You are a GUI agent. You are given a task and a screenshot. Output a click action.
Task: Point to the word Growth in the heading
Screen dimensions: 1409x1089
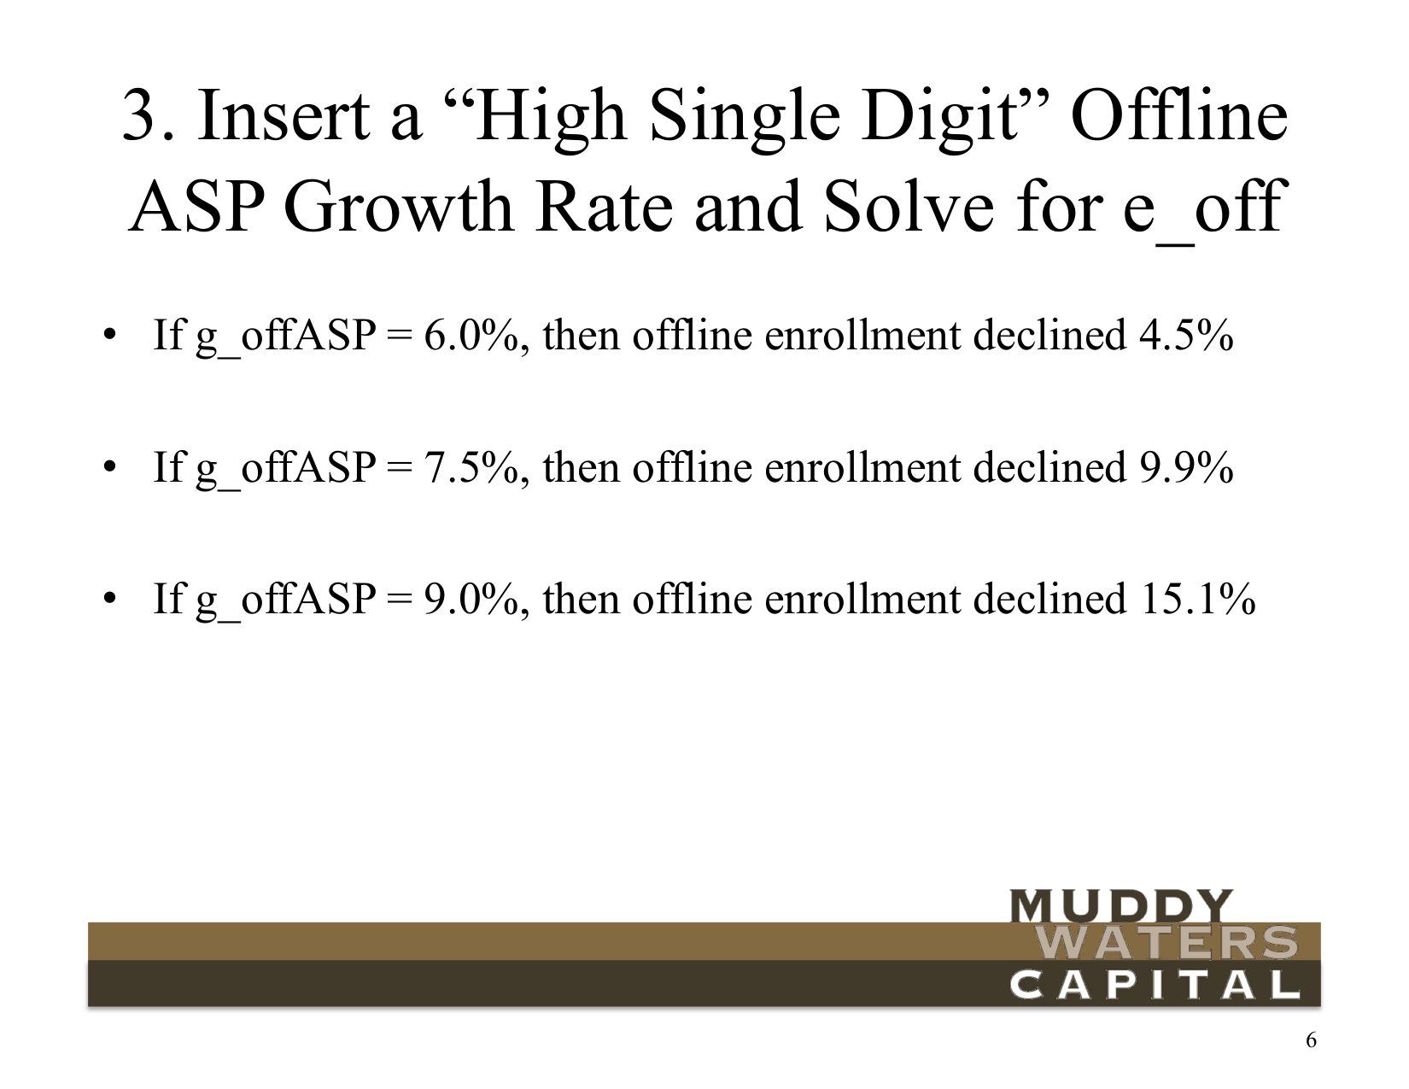tap(398, 206)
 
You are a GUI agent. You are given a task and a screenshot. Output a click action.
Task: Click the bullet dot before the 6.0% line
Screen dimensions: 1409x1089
tap(109, 336)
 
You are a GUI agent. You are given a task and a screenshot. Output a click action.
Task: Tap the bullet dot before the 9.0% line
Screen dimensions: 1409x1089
tap(109, 597)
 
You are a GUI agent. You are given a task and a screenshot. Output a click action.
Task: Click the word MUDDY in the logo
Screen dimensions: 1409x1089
tap(1120, 905)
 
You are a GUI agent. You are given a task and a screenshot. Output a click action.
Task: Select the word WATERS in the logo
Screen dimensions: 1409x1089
tap(1169, 943)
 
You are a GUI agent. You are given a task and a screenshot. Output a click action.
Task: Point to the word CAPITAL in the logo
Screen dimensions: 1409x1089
tap(1155, 985)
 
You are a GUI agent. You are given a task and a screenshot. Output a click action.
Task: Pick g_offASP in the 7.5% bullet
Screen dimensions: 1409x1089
tap(284, 471)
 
